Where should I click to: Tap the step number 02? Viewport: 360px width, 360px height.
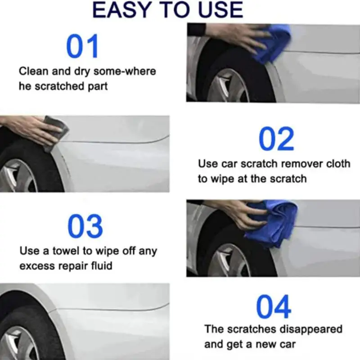[x=276, y=139]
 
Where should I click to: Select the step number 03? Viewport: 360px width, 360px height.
[x=85, y=226]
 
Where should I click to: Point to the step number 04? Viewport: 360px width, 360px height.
[x=274, y=308]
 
